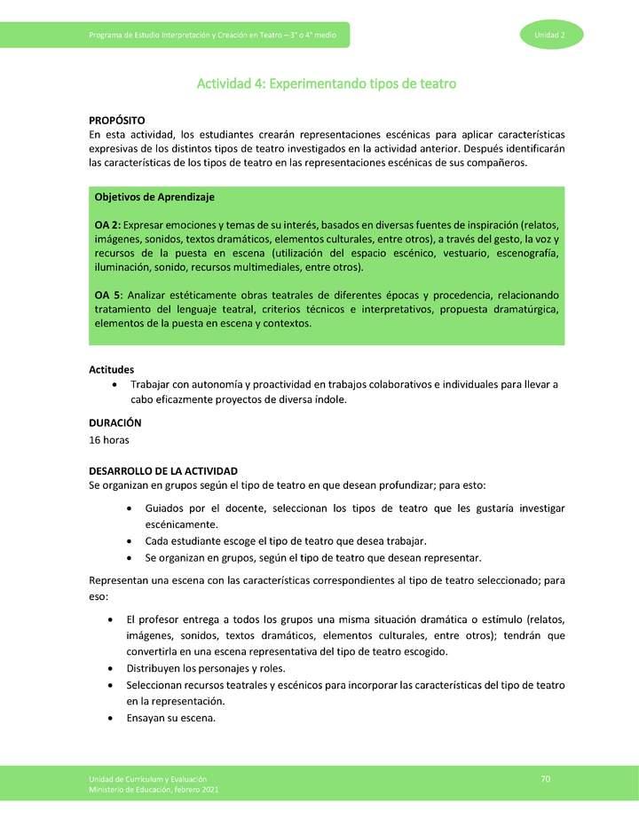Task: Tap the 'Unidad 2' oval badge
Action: (x=550, y=35)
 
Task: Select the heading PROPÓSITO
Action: (x=117, y=120)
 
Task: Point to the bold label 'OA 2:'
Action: (x=109, y=224)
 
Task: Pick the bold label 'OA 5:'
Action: (x=109, y=295)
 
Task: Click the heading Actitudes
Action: (x=112, y=369)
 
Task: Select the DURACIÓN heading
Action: (x=115, y=423)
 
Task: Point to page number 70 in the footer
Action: (x=546, y=779)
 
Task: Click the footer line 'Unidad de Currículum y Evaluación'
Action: (x=142, y=778)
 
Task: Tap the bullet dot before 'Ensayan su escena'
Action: (x=110, y=719)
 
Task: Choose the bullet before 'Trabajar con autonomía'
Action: (x=117, y=384)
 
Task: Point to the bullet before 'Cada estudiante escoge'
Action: (x=131, y=541)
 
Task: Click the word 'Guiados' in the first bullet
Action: (x=164, y=508)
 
